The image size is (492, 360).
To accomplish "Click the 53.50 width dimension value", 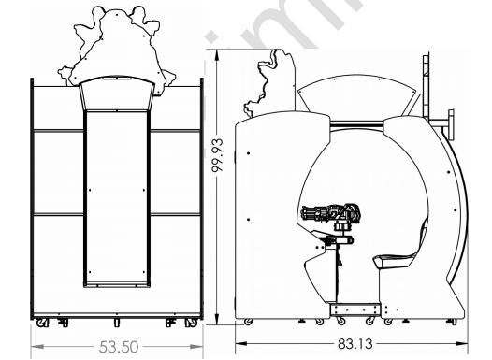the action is pos(119,347).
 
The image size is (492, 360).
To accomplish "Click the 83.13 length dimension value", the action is pos(355,344).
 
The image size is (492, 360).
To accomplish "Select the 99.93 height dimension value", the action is pos(217,155).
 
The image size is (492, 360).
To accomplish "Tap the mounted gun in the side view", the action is pos(331,213).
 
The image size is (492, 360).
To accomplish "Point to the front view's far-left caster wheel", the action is pos(41,323).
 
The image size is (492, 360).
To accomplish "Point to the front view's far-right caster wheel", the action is pos(192,323).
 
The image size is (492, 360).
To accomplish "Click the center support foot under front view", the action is pos(116,323).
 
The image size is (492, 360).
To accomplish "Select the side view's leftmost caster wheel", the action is pos(248,322).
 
